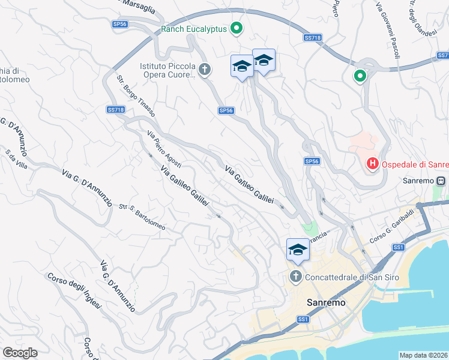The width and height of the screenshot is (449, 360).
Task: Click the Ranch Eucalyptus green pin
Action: tap(237, 28)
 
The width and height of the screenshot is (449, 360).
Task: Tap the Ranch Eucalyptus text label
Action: tap(194, 28)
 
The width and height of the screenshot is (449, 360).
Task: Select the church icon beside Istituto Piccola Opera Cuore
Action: tap(205, 70)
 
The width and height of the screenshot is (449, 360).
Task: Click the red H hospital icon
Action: tap(372, 163)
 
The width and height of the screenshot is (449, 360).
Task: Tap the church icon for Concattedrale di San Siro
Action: tap(295, 277)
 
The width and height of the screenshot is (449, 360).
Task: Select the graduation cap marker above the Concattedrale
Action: tap(298, 249)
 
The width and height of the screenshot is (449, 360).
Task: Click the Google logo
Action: tap(20, 353)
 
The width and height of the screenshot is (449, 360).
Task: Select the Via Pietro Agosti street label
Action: tap(164, 148)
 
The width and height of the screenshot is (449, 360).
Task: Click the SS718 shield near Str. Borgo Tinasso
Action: tap(115, 110)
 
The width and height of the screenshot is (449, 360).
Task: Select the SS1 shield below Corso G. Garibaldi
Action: tap(399, 247)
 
